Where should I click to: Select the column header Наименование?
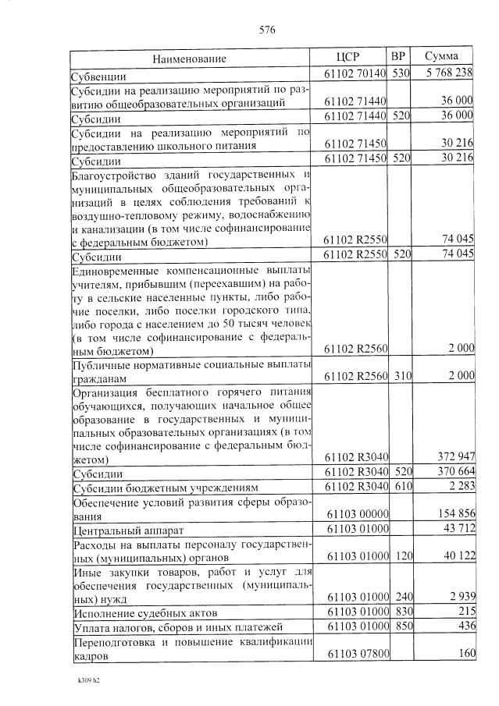click(189, 59)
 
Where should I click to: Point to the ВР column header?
click(398, 57)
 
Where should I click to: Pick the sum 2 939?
click(458, 596)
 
